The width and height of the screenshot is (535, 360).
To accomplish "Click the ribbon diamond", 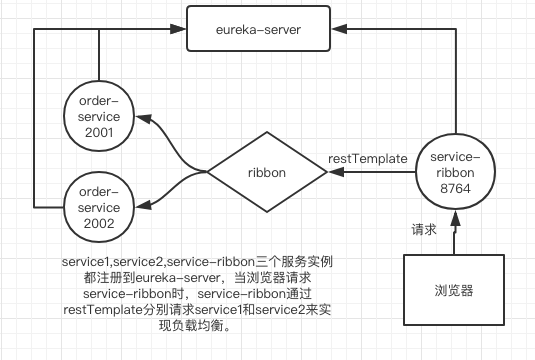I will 267,172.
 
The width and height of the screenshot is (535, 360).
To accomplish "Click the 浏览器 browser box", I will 456,295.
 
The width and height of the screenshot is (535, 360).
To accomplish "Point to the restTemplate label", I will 367,157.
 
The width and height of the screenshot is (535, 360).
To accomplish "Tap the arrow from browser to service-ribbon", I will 456,234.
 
